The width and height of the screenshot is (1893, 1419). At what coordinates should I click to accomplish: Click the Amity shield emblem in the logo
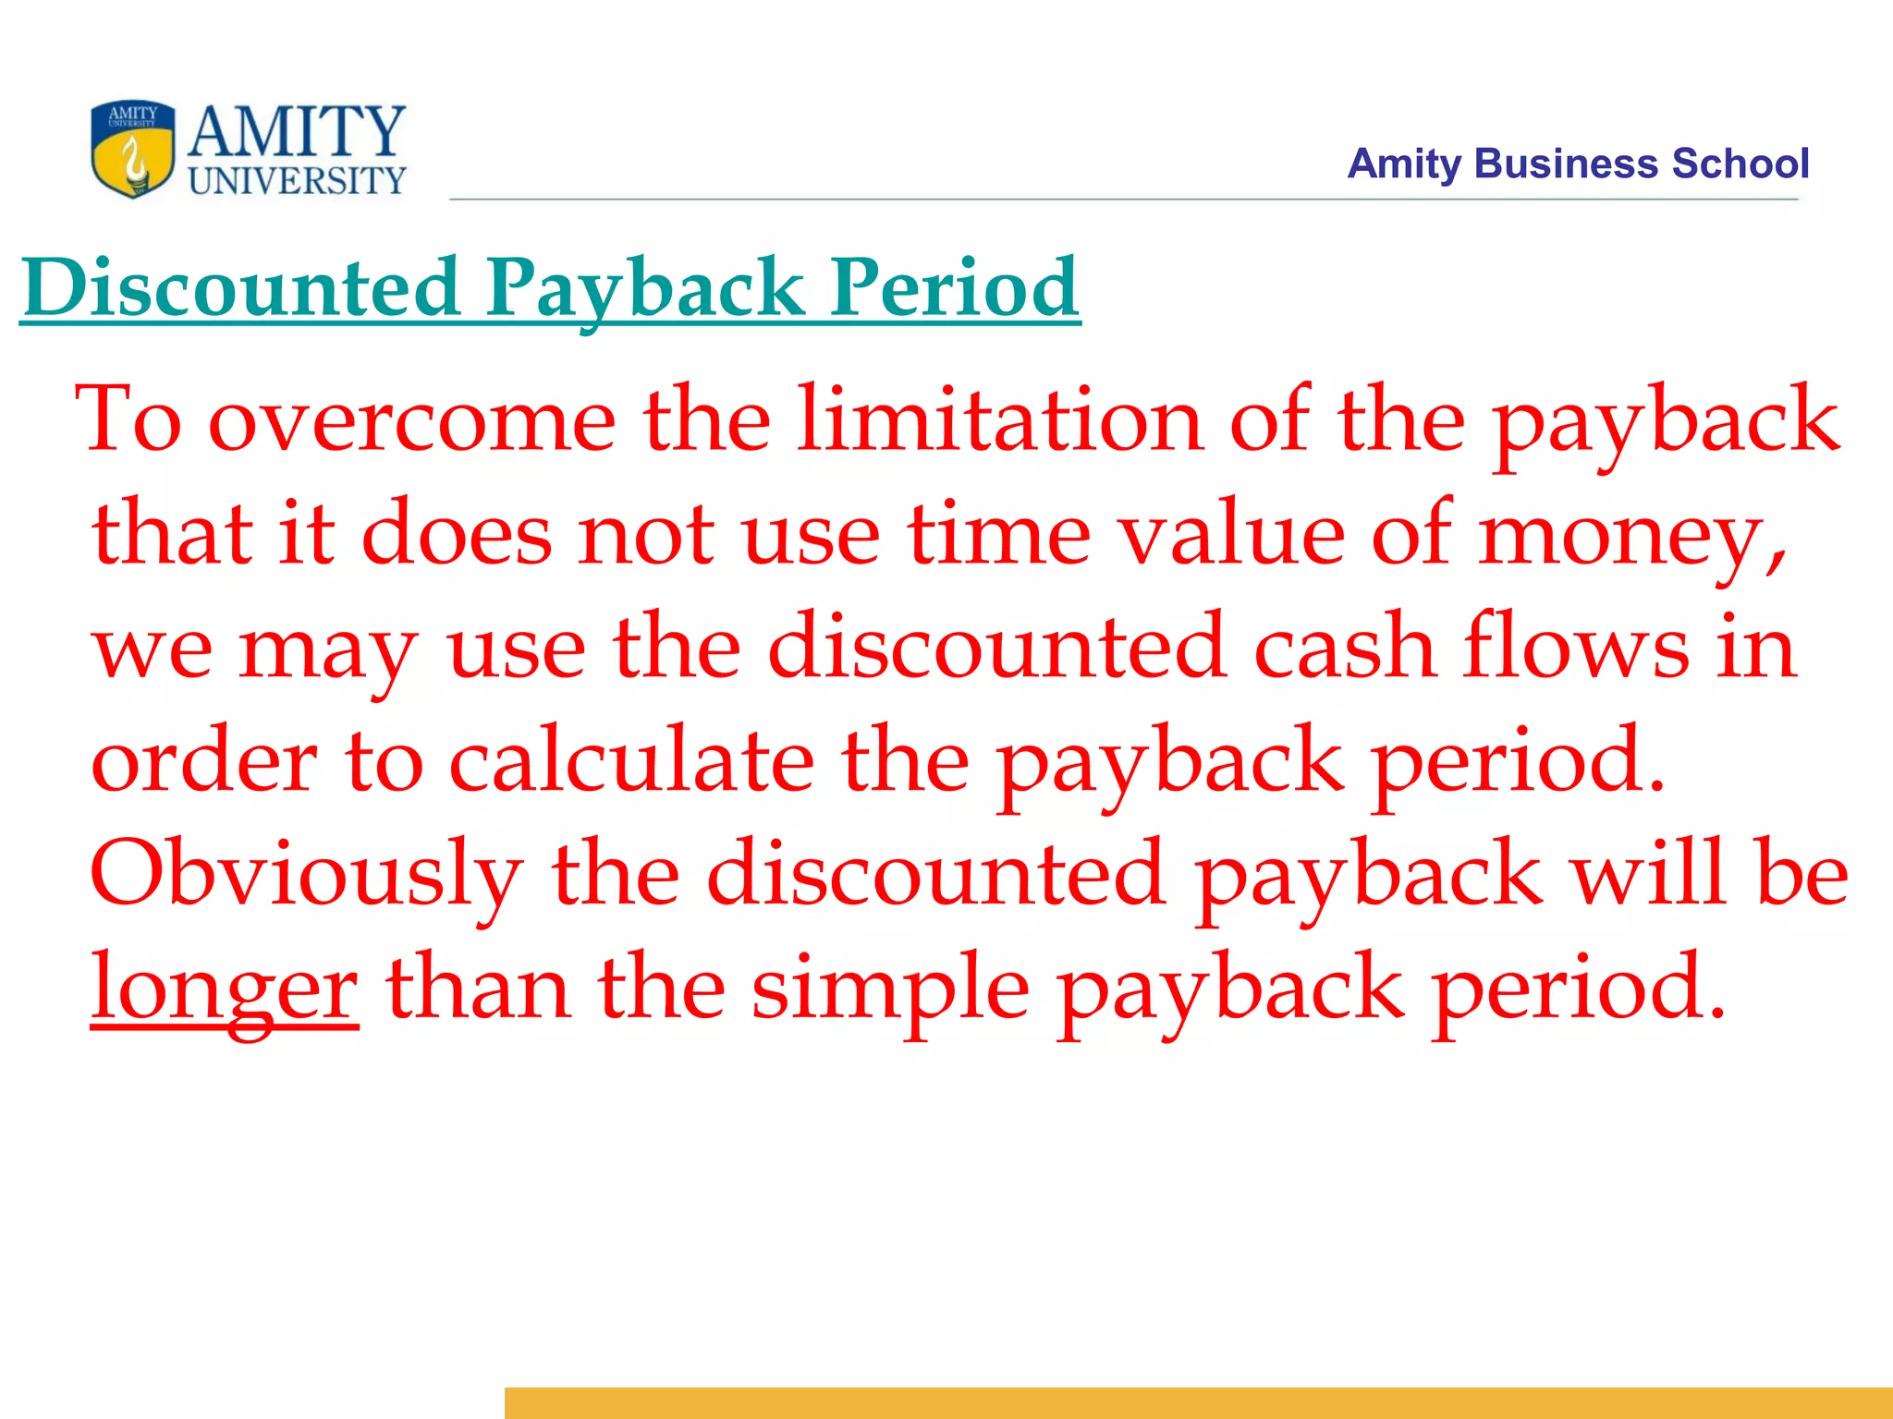pos(133,149)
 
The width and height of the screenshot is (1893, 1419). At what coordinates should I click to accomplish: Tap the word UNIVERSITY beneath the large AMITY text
pos(297,180)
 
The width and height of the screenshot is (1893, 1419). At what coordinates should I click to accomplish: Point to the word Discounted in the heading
pos(241,287)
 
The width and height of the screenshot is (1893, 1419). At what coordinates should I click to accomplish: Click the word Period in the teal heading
pos(954,287)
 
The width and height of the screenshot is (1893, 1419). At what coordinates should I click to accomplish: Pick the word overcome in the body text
pos(412,420)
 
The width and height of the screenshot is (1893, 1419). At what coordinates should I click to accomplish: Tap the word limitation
pos(1000,420)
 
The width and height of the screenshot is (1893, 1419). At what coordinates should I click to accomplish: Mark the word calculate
pos(631,761)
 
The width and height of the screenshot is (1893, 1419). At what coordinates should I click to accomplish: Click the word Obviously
pos(306,875)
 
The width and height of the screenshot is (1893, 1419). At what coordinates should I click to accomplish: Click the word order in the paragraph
pos(204,761)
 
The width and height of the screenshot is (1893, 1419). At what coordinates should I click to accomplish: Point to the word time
pos(999,535)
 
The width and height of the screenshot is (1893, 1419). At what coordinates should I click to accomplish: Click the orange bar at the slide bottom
pos(1198,1402)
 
